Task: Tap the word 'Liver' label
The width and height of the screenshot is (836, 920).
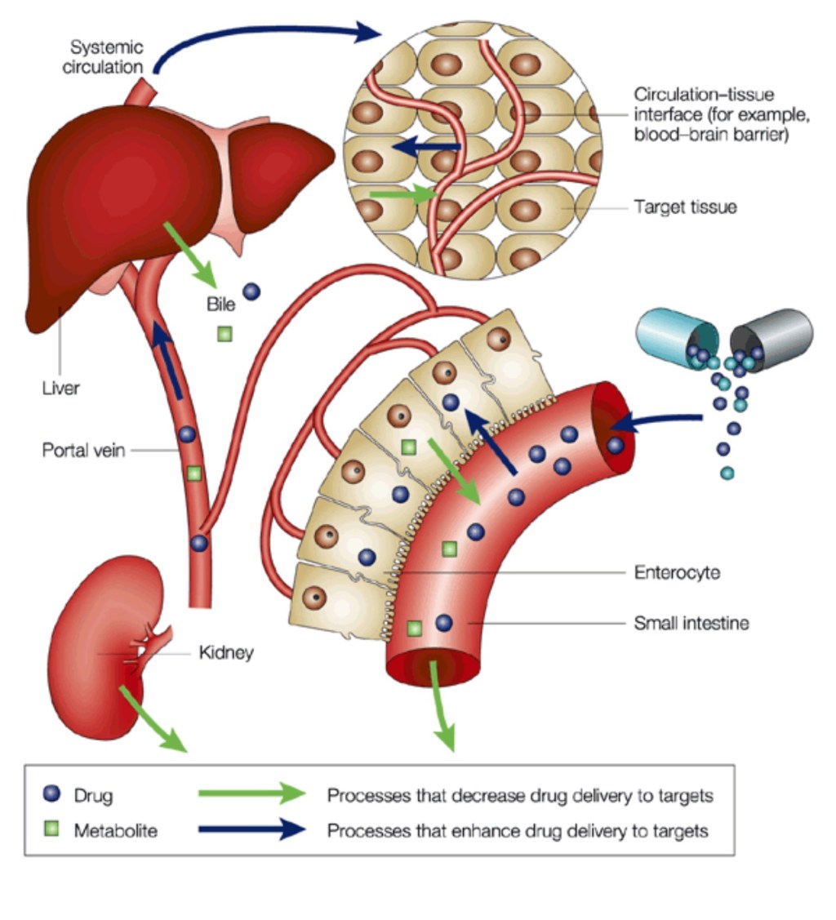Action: tap(60, 387)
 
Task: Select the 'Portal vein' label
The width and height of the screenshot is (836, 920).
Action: tap(83, 450)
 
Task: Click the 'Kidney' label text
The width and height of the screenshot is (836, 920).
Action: tap(226, 653)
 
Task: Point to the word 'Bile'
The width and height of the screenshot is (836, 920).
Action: tap(220, 304)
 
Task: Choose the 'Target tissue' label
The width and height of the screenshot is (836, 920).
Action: tap(685, 207)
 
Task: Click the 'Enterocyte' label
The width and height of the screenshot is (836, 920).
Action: tap(677, 572)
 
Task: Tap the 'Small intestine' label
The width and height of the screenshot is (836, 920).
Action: tap(691, 624)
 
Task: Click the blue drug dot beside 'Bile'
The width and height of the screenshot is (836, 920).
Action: tap(252, 291)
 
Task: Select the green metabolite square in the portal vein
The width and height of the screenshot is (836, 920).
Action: tap(193, 473)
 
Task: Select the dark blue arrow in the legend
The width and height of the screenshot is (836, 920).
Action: tap(251, 830)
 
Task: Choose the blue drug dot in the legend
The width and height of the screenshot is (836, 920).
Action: tap(51, 793)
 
